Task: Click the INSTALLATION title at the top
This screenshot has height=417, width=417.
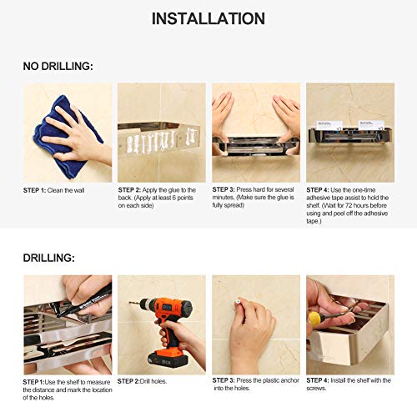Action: click(x=208, y=18)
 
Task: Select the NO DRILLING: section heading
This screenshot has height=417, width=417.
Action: click(x=58, y=67)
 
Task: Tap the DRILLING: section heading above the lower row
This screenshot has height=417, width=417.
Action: click(x=49, y=258)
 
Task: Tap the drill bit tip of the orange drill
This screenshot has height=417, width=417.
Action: click(x=130, y=302)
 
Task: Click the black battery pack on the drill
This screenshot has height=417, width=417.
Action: click(x=168, y=359)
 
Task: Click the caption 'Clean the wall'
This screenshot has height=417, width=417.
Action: click(x=66, y=190)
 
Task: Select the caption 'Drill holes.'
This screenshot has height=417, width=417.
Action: click(x=153, y=381)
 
